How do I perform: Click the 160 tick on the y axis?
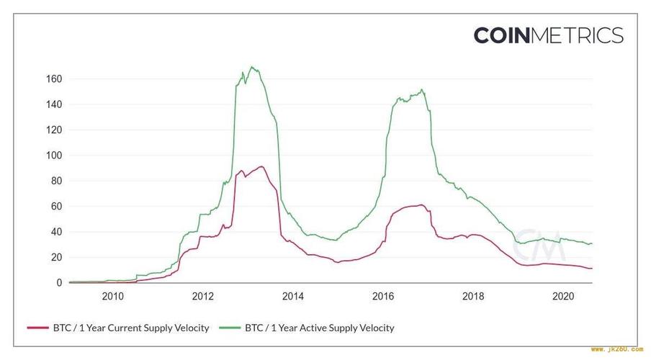54,78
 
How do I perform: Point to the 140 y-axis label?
54,104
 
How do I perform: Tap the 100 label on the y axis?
54,156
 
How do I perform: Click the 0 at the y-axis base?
59,283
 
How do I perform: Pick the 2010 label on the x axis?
112,296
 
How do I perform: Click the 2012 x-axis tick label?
202,296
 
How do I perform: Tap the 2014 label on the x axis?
292,296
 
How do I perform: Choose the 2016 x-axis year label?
382,296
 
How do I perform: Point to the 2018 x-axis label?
472,296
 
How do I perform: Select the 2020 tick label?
562,296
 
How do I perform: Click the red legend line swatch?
37,328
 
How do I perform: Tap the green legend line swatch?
231,328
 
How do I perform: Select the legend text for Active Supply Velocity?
320,328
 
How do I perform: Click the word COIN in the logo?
502,35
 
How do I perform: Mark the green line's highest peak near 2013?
252,68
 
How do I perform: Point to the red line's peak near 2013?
261,167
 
